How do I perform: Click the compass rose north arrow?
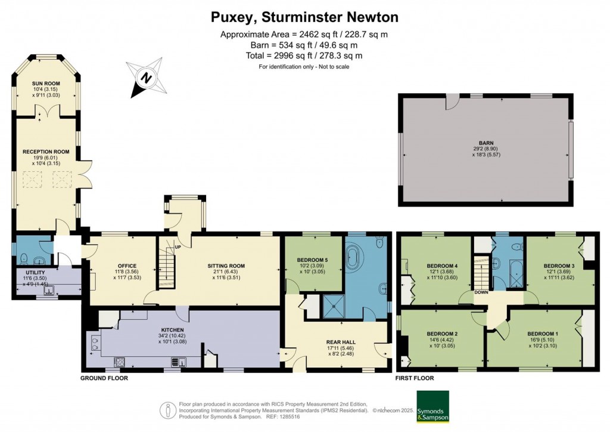pyautogui.click(x=145, y=78)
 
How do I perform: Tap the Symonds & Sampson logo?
pyautogui.click(x=432, y=406)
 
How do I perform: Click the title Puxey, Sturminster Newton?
pyautogui.click(x=304, y=17)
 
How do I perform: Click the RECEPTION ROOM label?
pyautogui.click(x=46, y=152)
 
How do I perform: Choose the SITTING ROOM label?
pyautogui.click(x=226, y=266)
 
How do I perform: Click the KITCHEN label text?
pyautogui.click(x=172, y=329)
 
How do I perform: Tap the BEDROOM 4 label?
pyautogui.click(x=442, y=266)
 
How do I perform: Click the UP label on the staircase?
pyautogui.click(x=177, y=247)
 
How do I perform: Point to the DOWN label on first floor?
pyautogui.click(x=482, y=292)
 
